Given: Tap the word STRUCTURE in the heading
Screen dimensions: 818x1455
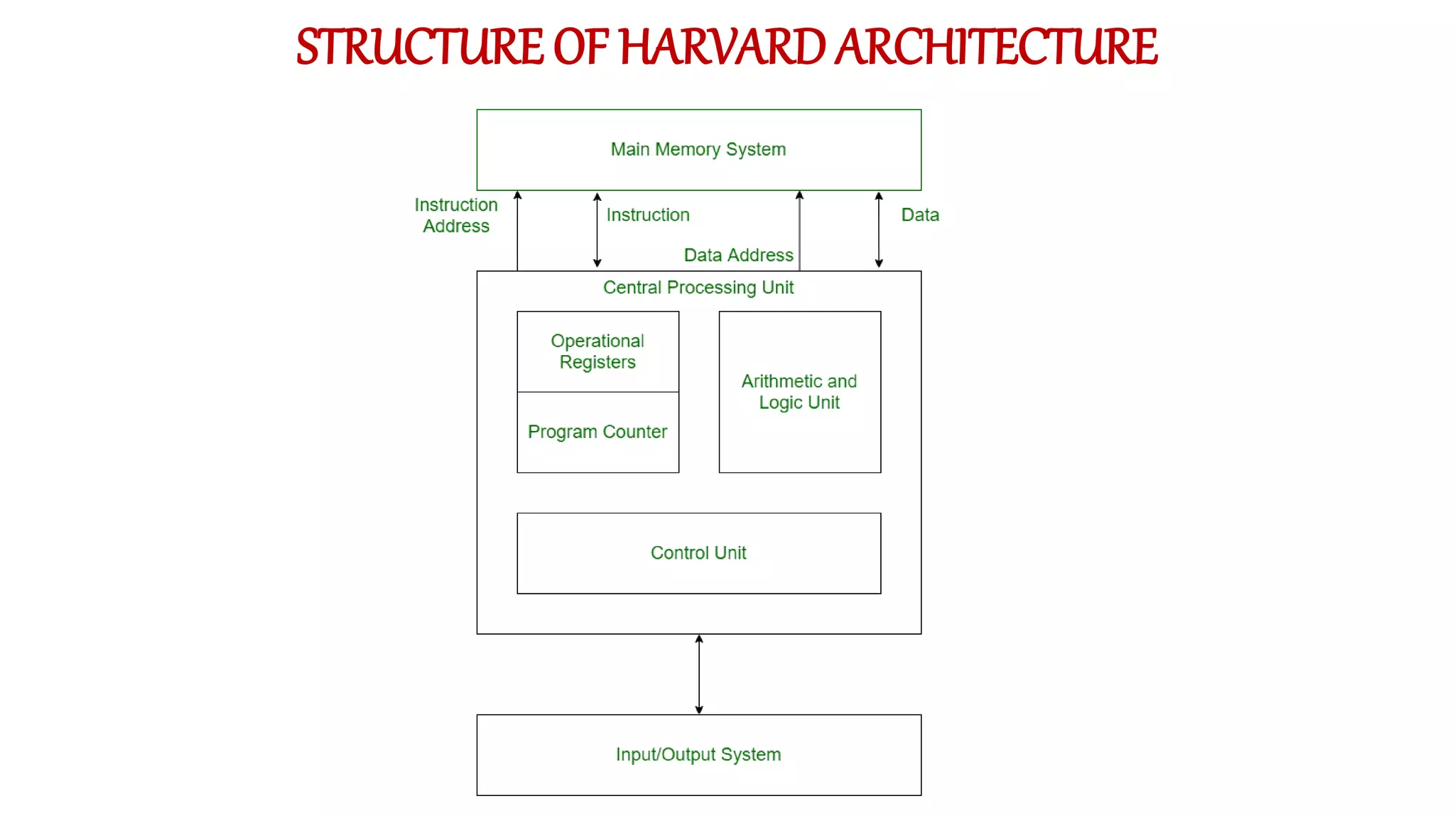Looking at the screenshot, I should [x=420, y=47].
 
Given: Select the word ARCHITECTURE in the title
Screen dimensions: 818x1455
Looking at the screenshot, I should [x=996, y=47].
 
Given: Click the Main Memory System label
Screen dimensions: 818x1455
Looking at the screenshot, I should [x=698, y=149].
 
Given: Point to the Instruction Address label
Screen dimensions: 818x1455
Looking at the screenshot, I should [x=456, y=215].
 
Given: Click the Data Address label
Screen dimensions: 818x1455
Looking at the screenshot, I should [x=738, y=255].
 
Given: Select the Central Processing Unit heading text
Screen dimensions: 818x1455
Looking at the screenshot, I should [x=698, y=288].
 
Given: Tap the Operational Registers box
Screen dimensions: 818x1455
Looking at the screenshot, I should [x=597, y=351].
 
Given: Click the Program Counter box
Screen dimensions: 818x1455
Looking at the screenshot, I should [x=597, y=432].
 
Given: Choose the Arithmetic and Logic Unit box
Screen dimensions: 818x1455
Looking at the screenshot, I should [x=799, y=392].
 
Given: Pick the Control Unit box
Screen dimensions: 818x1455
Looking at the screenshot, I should [x=698, y=553].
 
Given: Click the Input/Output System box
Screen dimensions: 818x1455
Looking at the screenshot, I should [x=698, y=755].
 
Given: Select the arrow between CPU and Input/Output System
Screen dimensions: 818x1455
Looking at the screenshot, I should [x=699, y=674].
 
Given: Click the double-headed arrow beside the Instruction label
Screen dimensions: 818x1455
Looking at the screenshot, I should [x=597, y=230].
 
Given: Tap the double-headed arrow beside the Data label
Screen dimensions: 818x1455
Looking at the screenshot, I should [x=879, y=230].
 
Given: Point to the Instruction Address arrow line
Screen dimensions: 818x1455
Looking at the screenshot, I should [x=517, y=230].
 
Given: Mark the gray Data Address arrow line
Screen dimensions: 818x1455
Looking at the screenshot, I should [x=799, y=230].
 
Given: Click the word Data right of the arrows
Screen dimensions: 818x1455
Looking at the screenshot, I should [x=920, y=215].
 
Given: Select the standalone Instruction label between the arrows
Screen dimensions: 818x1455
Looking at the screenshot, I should [x=648, y=215].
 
